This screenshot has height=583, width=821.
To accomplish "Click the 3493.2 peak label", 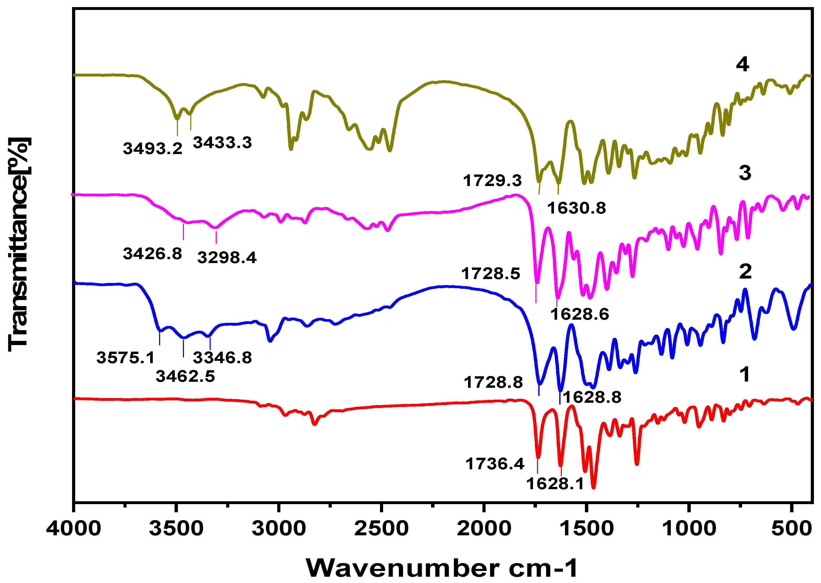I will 153,149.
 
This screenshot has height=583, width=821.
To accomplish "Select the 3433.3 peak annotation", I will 222,143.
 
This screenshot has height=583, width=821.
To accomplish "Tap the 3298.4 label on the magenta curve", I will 227,258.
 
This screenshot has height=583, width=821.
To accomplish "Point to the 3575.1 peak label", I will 125,358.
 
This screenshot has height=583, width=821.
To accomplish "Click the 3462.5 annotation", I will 185,377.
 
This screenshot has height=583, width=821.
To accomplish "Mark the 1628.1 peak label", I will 555,484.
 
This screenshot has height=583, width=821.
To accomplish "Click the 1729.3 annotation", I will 492,181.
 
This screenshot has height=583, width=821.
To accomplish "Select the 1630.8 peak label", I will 577,208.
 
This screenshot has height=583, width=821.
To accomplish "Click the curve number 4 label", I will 742,65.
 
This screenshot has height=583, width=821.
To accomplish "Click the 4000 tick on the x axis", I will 74,529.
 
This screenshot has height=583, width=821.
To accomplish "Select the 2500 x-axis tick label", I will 381,529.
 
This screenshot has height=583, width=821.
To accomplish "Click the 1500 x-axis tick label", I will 586,529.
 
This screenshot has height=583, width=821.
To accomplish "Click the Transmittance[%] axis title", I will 19,244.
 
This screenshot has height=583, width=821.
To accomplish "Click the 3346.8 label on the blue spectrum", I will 222,358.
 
